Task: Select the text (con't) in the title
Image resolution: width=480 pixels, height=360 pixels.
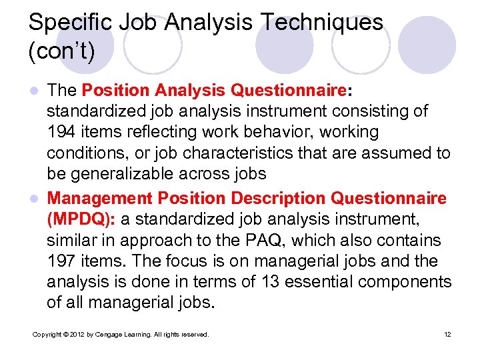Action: pos(61,51)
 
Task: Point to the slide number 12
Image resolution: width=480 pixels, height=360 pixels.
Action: pos(447,334)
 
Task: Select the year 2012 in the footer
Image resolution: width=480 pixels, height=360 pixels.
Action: pos(76,334)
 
